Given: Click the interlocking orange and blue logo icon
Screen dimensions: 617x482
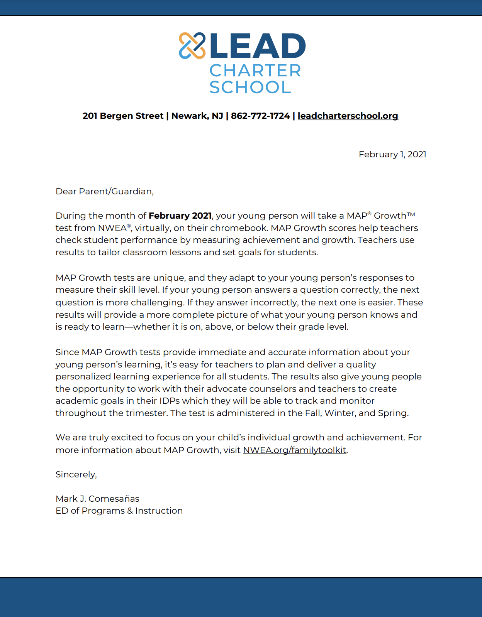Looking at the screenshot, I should [192, 46].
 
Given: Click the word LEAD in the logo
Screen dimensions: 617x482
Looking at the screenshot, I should [258, 46].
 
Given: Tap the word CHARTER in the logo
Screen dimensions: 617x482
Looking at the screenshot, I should [255, 71].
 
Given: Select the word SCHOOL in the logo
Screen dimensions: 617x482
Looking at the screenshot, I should [250, 88].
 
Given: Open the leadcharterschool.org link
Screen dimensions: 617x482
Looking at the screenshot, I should [348, 116].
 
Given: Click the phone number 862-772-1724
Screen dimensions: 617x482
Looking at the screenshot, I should [260, 116].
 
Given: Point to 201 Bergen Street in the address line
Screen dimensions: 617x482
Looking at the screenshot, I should [123, 116].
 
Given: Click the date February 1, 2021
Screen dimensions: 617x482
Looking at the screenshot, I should [392, 155].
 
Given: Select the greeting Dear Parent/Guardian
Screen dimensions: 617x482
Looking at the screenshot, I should [105, 192].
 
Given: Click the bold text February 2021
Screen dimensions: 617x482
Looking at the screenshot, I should [180, 216].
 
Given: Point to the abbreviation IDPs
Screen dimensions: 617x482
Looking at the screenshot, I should [170, 401].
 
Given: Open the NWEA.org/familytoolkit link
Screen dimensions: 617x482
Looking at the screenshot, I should [294, 450].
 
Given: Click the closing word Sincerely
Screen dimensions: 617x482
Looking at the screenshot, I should [76, 475].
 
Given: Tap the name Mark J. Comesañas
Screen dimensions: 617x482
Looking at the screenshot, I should [97, 499].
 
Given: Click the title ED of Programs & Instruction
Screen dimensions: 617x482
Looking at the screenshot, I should [119, 511].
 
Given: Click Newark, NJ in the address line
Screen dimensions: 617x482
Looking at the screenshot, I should [197, 116].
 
